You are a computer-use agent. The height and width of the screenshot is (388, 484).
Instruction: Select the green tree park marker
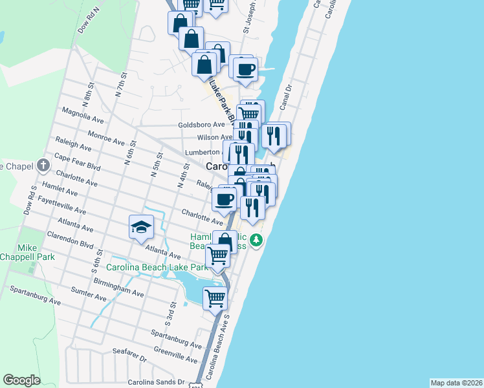pyautogui.click(x=257, y=241)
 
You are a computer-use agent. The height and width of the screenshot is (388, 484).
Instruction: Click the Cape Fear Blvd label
pyautogui.click(x=78, y=162)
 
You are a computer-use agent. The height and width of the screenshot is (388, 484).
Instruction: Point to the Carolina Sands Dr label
pyautogui.click(x=155, y=382)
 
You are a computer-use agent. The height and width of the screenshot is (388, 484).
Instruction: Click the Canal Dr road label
pyautogui.click(x=286, y=96)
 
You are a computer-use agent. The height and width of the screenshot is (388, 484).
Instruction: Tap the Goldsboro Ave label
pyautogui.click(x=202, y=125)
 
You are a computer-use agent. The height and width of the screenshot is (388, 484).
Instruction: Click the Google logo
pyautogui.click(x=21, y=380)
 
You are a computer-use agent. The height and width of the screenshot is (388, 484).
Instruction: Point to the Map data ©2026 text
pyautogui.click(x=456, y=383)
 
